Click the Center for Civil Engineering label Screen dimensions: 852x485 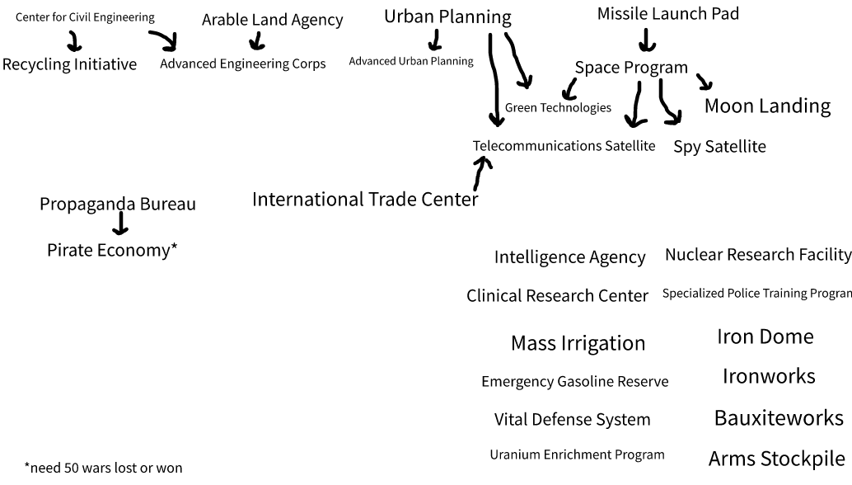point(85,17)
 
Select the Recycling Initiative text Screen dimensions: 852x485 point(69,64)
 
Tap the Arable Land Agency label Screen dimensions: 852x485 point(272,20)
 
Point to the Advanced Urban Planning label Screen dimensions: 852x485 point(411,61)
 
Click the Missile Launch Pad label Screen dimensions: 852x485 point(667,13)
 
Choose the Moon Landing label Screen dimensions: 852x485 point(767,106)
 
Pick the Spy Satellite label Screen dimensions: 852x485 point(719,147)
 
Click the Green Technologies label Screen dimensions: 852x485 point(558,108)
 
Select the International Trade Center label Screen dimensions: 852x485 point(365,200)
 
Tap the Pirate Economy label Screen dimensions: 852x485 point(112,250)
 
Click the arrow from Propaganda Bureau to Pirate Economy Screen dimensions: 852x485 point(120,223)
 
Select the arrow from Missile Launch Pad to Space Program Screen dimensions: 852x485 point(647,40)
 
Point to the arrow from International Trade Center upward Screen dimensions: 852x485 point(480,173)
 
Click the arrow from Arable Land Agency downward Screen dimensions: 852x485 point(258,40)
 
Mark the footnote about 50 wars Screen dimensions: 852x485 point(103,468)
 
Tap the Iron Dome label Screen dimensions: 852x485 point(765,337)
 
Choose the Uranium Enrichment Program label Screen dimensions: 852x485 point(577,454)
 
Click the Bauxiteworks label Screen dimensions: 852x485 point(779,417)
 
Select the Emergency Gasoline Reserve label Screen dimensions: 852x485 point(575,382)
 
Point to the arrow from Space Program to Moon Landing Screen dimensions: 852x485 point(705,82)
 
